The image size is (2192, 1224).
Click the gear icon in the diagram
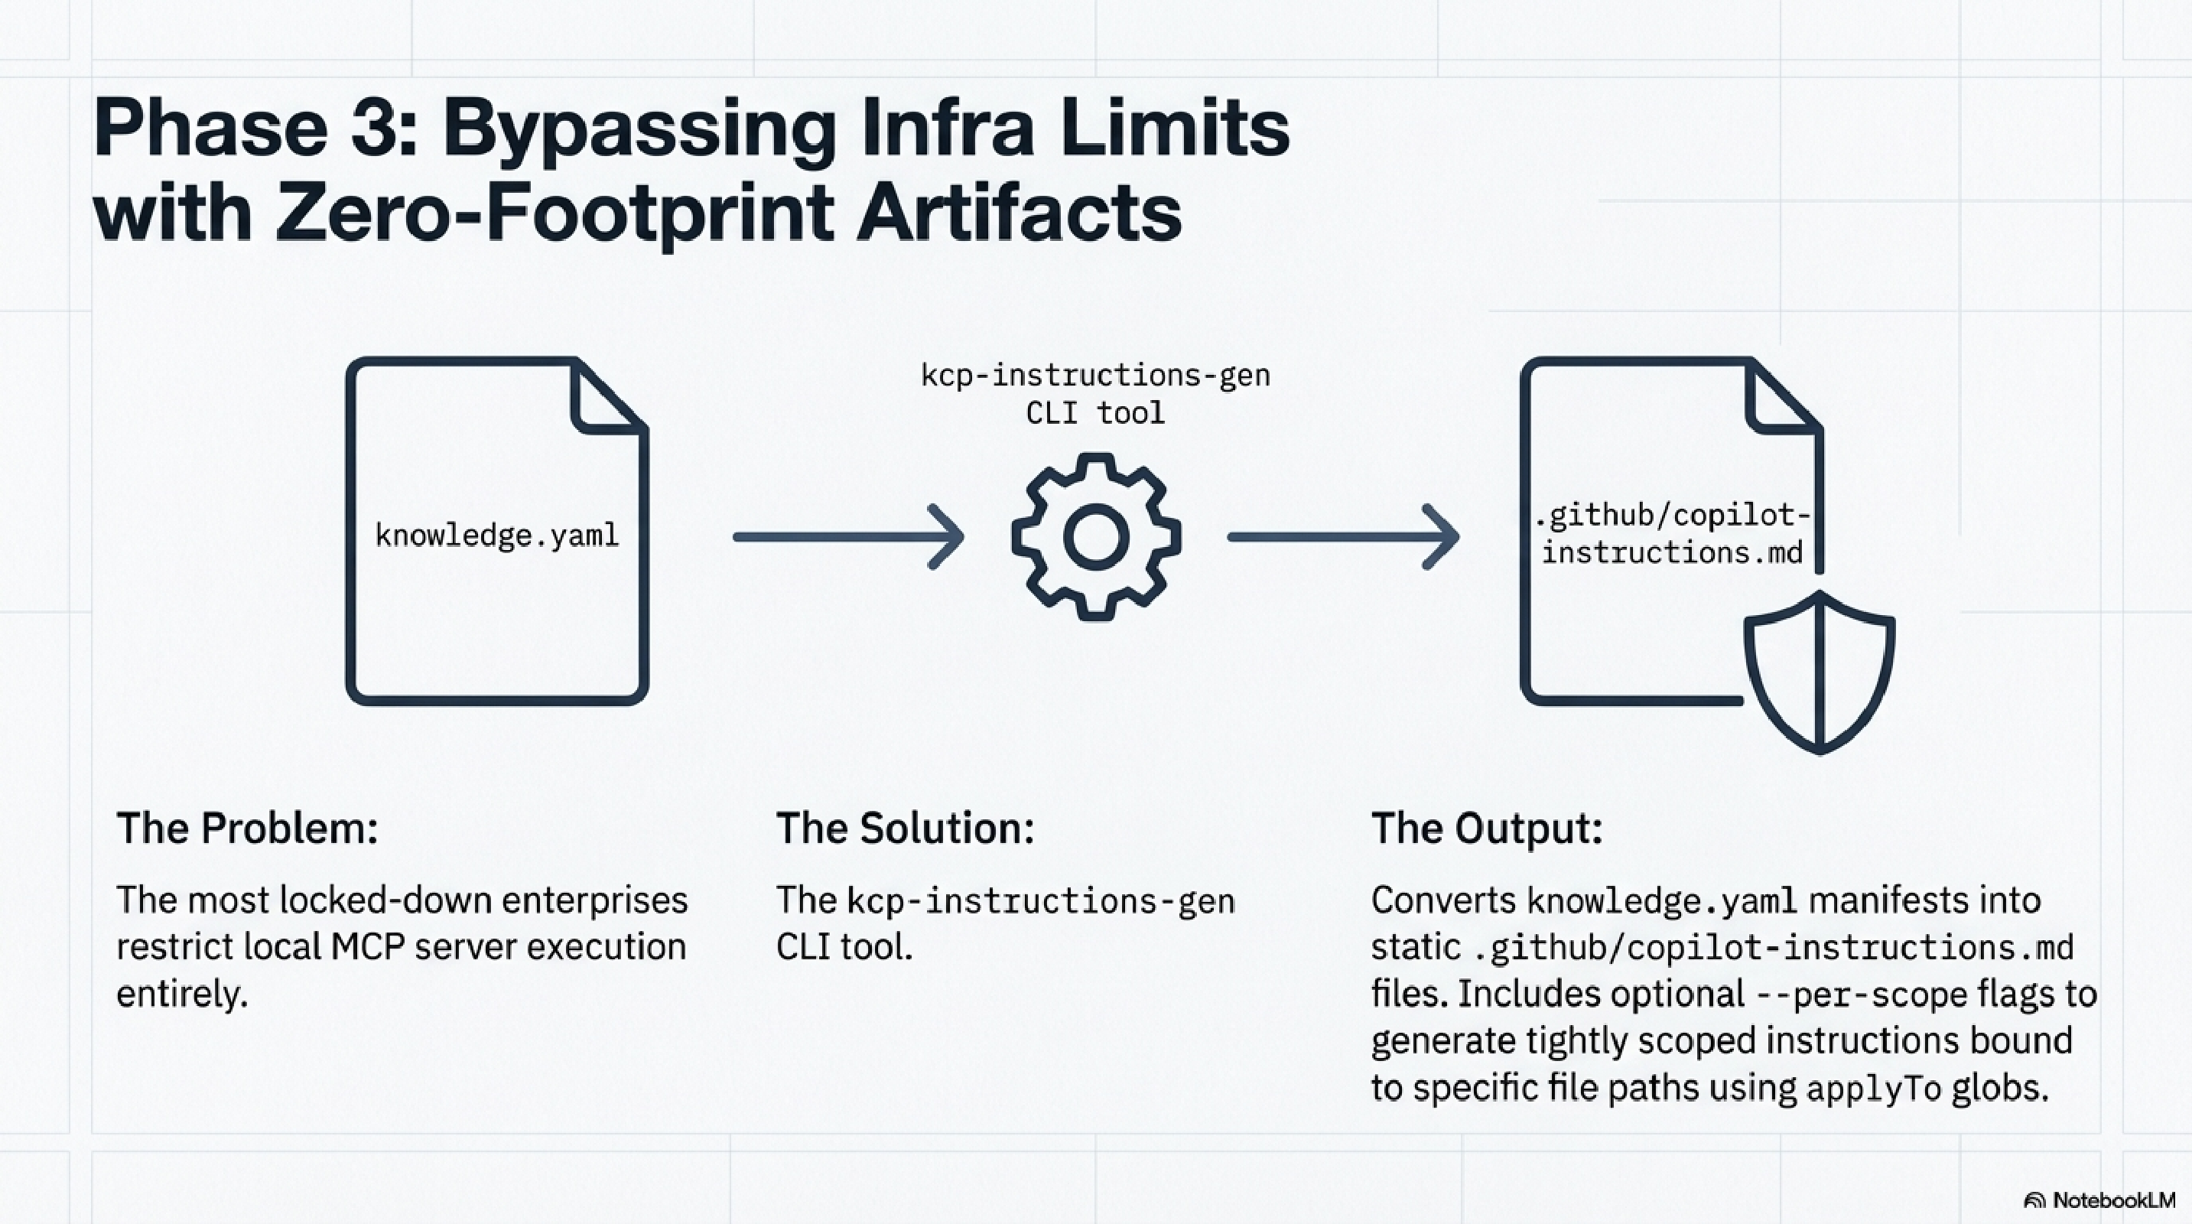[x=1096, y=537]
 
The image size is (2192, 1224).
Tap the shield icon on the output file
[x=1820, y=672]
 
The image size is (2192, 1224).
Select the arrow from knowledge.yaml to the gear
[x=847, y=537]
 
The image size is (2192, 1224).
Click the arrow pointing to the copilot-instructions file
[x=1343, y=537]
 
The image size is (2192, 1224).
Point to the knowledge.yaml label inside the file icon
[x=497, y=535]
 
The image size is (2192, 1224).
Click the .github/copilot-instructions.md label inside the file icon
[x=1672, y=535]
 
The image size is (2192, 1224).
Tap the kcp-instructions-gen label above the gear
[x=1095, y=376]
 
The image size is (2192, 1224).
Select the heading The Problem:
[x=247, y=828]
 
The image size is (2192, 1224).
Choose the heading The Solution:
[x=905, y=828]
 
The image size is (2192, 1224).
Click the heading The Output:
[x=1487, y=828]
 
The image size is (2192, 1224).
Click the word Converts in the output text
[x=1443, y=900]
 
